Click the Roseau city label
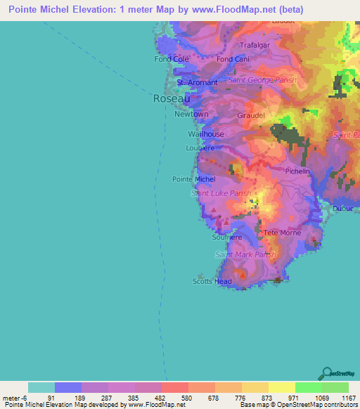(172, 99)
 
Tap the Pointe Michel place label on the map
(189, 179)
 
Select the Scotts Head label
(212, 281)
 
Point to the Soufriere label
(227, 238)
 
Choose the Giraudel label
(252, 114)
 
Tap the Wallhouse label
(206, 134)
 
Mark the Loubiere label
(200, 148)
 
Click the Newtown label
(192, 114)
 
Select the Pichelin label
(298, 171)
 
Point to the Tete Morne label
(281, 232)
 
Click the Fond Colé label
(172, 59)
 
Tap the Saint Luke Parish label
(221, 193)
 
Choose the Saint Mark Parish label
(245, 254)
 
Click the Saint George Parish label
(262, 81)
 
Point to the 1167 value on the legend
(347, 397)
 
